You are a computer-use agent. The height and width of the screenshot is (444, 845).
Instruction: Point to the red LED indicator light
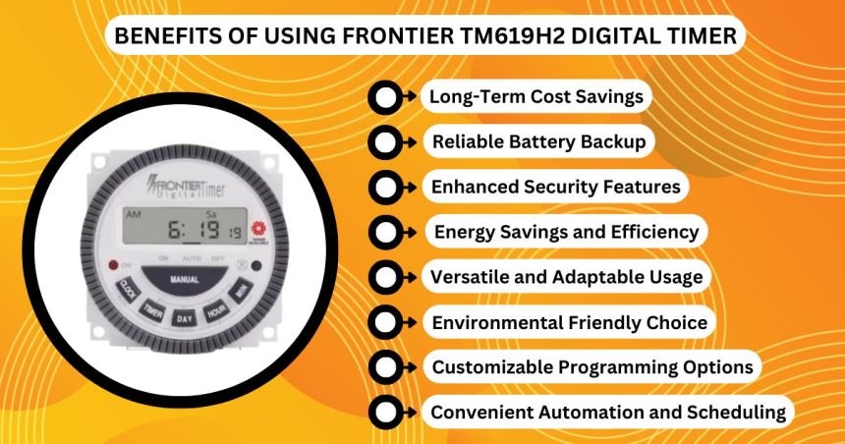(x=113, y=264)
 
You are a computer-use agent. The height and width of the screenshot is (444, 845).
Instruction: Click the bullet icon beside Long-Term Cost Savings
(x=387, y=97)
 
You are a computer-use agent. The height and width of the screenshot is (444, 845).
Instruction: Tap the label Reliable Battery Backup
(x=538, y=142)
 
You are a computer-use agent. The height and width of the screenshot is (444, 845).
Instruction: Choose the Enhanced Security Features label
(x=555, y=187)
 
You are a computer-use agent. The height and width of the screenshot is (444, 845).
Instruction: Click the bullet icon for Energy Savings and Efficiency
(x=387, y=232)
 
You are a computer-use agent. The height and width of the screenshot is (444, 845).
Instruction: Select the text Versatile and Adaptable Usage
(x=566, y=277)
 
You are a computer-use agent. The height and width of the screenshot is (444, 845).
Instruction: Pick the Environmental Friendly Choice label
(x=569, y=322)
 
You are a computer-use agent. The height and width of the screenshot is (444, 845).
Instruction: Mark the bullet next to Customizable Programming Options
(x=387, y=367)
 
